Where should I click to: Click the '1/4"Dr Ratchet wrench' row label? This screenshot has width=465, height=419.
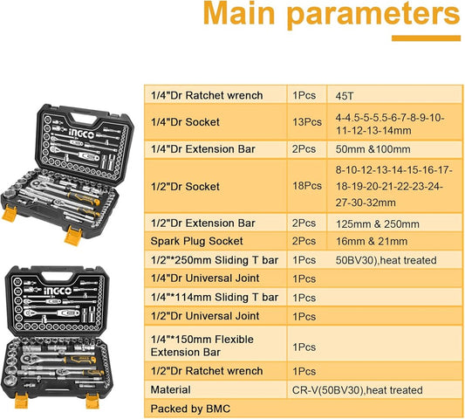point(207,95)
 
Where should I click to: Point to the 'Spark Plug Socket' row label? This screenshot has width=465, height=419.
point(195,241)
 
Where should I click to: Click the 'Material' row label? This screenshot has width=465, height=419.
point(171,389)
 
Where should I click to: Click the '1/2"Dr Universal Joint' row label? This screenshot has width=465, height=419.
point(206,316)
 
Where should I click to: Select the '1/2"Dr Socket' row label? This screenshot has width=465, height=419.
point(185,187)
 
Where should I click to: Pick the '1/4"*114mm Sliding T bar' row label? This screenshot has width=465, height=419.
point(214,297)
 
